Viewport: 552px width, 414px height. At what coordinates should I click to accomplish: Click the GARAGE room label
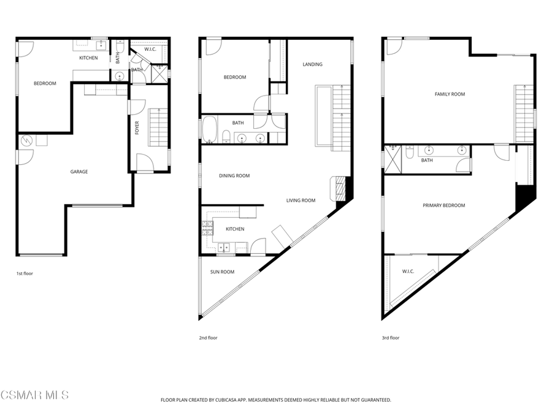click(79, 172)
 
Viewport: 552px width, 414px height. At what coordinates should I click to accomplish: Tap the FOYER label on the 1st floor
click(137, 128)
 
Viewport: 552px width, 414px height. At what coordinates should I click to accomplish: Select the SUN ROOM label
click(222, 272)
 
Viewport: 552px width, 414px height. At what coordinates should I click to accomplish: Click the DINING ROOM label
click(234, 176)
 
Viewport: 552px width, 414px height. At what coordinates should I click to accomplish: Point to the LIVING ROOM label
click(301, 200)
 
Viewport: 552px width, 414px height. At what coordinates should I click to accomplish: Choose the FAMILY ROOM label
click(450, 94)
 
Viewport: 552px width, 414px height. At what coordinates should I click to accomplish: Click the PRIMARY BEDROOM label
click(443, 205)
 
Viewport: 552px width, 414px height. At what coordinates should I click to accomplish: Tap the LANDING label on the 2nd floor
click(312, 64)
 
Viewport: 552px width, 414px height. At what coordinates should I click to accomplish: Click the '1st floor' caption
click(25, 274)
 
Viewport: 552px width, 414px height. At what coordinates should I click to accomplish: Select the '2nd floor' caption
click(208, 338)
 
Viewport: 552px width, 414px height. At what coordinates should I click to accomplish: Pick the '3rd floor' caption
click(391, 338)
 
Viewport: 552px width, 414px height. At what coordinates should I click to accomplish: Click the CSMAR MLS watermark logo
click(34, 394)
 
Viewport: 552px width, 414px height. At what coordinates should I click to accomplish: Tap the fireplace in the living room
click(341, 187)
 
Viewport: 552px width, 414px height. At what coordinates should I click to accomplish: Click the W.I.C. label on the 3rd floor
click(408, 272)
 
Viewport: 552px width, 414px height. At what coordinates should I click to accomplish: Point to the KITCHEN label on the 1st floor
click(88, 58)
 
